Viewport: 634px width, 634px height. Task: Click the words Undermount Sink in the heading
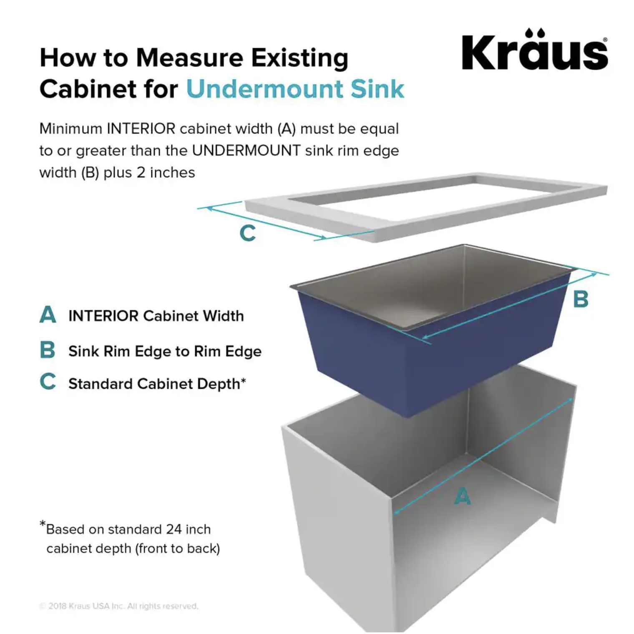point(295,89)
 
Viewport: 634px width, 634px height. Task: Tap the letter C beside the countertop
point(247,233)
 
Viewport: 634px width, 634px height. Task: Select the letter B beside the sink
point(581,299)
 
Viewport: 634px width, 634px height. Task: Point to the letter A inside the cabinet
point(462,496)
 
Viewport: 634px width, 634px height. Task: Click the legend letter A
point(48,314)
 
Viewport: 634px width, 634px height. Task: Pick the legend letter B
point(48,350)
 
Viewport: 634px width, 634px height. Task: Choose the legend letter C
point(48,382)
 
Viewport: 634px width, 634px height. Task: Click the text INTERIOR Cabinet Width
point(156,316)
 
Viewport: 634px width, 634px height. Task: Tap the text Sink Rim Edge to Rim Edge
point(165,351)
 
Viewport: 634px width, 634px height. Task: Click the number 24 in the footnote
point(174,529)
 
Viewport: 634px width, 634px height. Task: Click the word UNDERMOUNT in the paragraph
point(246,151)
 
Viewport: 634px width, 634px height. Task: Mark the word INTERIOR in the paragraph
point(141,129)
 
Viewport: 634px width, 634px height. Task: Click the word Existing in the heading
point(299,58)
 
